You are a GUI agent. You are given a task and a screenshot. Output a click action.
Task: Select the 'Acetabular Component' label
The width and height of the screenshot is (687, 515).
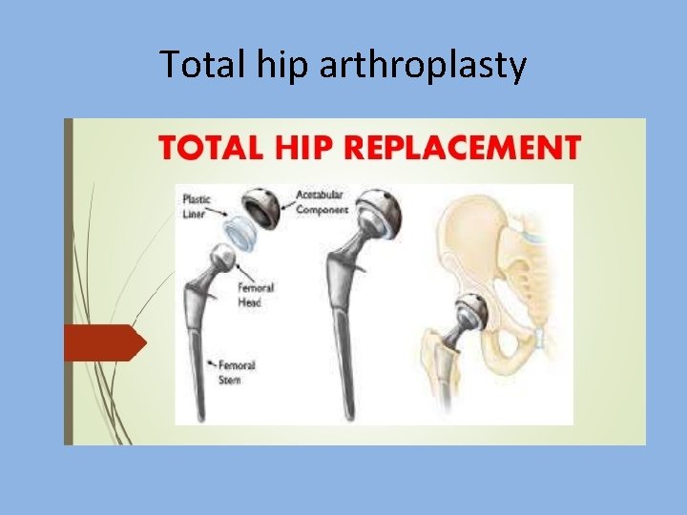coord(323,202)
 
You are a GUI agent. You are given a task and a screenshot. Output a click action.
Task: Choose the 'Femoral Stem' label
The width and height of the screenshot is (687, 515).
coord(237,372)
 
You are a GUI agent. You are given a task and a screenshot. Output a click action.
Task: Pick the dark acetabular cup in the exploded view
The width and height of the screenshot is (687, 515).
coord(260,203)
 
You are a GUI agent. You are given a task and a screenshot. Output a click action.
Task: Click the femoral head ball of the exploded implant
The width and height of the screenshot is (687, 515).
coord(222,257)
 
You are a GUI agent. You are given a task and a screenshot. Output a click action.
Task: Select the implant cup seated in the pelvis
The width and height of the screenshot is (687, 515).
coord(470,310)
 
